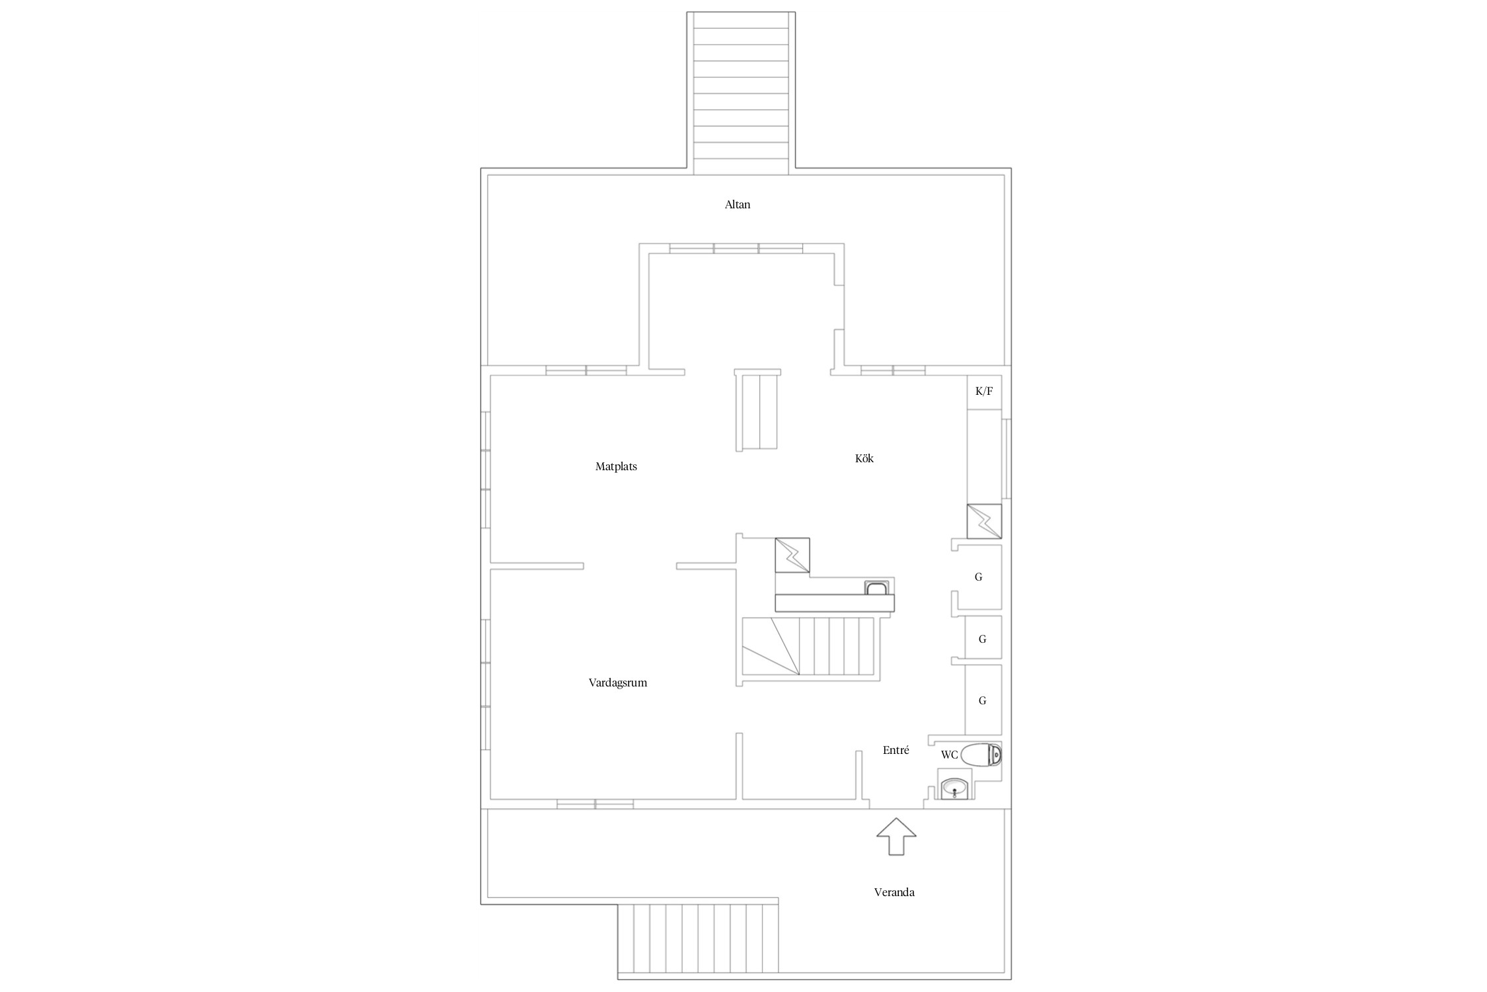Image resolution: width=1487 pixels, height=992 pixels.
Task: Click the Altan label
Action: pyautogui.click(x=738, y=204)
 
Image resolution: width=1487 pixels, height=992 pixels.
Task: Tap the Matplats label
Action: pyautogui.click(x=616, y=466)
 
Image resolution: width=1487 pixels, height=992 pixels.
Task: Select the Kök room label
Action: pyautogui.click(x=864, y=458)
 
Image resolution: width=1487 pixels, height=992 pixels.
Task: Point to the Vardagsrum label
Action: pyautogui.click(x=618, y=682)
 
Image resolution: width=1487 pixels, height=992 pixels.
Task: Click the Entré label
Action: pyautogui.click(x=896, y=750)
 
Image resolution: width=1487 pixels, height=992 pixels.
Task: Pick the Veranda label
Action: pyautogui.click(x=894, y=892)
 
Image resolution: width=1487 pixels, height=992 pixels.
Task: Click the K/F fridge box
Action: pyautogui.click(x=984, y=392)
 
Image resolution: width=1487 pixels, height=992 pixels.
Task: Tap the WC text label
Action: pyautogui.click(x=949, y=755)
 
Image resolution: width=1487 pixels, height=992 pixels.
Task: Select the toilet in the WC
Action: pyautogui.click(x=981, y=755)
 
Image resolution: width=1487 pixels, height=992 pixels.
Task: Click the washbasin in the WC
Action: pyautogui.click(x=954, y=788)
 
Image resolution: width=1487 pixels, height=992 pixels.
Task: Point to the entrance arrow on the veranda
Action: pyautogui.click(x=896, y=837)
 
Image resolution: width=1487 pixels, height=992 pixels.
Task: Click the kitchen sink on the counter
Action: pyautogui.click(x=877, y=588)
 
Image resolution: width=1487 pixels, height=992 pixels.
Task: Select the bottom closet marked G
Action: pyautogui.click(x=983, y=700)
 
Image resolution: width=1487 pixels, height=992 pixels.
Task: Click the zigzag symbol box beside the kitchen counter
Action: pyautogui.click(x=792, y=555)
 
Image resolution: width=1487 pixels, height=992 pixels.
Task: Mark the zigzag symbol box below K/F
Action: pyautogui.click(x=984, y=521)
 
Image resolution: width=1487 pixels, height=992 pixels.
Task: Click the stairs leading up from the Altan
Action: pyautogui.click(x=741, y=93)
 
